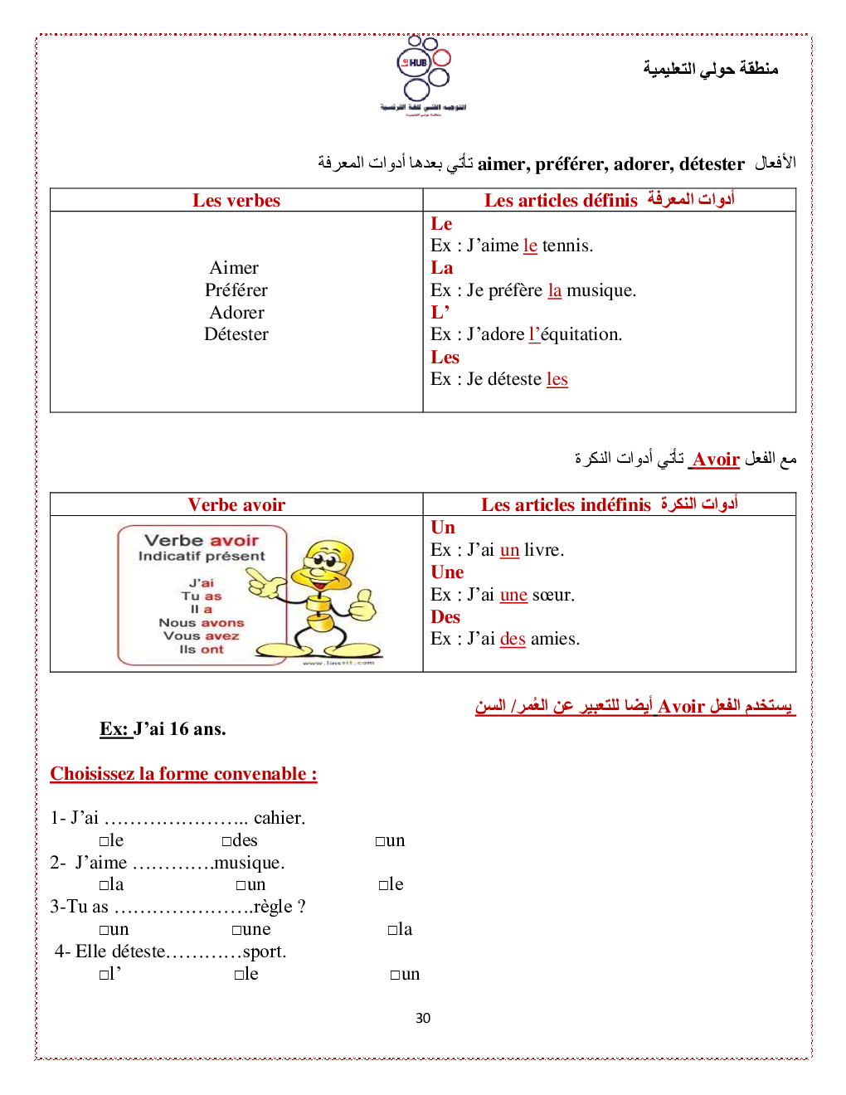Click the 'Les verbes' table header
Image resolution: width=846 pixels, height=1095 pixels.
[236, 201]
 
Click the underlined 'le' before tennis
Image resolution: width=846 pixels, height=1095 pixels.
[530, 246]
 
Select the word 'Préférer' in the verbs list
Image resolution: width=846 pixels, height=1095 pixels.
[236, 290]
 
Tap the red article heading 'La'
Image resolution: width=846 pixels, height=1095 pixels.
[441, 268]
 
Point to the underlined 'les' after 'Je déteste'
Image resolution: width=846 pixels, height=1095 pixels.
[557, 379]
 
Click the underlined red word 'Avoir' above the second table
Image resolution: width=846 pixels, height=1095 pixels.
[716, 460]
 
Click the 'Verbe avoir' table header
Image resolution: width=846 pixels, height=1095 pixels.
[236, 505]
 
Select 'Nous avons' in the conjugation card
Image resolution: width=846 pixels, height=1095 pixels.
[202, 623]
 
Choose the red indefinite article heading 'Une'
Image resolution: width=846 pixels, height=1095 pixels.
[447, 572]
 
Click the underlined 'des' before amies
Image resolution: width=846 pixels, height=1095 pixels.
[513, 639]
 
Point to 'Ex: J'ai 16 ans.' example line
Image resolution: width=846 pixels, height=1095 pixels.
[163, 729]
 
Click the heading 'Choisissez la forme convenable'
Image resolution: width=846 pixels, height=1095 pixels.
[183, 774]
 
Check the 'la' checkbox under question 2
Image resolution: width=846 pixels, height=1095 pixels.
[105, 885]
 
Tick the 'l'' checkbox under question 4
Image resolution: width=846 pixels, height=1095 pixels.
[105, 975]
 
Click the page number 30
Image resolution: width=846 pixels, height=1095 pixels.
[423, 1018]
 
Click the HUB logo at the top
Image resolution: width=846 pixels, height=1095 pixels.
[423, 71]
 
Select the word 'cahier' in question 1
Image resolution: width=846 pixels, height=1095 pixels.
[279, 818]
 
